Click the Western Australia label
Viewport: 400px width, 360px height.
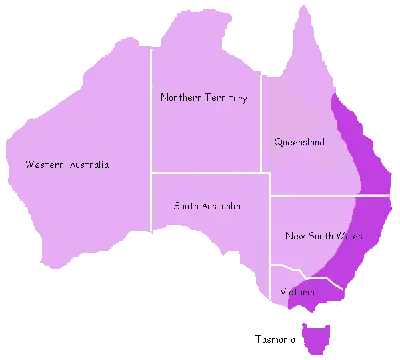click(x=68, y=163)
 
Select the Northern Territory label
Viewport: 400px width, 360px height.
click(x=204, y=98)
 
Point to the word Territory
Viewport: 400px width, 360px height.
click(x=226, y=98)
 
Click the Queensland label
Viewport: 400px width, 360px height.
click(x=299, y=142)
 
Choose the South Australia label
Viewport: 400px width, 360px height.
click(x=208, y=206)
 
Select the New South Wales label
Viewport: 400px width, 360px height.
click(x=323, y=236)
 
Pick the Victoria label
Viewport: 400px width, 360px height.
click(x=299, y=292)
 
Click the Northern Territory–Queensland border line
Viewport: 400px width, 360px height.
click(x=263, y=120)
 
